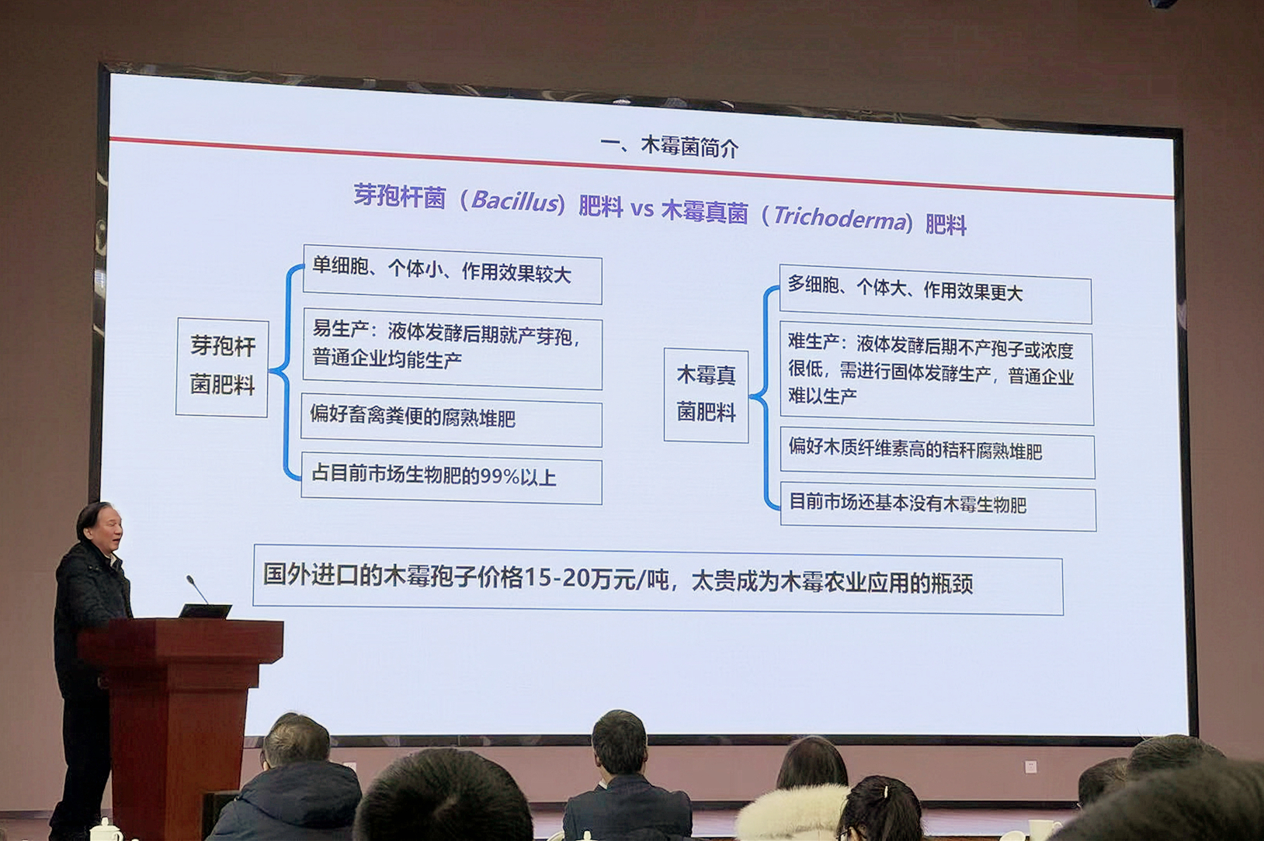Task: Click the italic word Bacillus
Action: coord(514,201)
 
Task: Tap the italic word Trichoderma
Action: coord(839,217)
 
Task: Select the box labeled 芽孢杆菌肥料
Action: coord(222,367)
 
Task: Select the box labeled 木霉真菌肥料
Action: coord(706,396)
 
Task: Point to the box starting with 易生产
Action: coord(451,348)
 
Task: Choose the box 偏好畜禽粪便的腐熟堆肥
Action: coord(451,420)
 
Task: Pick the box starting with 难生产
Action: coord(936,374)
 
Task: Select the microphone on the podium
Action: coord(197,589)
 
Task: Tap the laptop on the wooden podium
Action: coord(205,611)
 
